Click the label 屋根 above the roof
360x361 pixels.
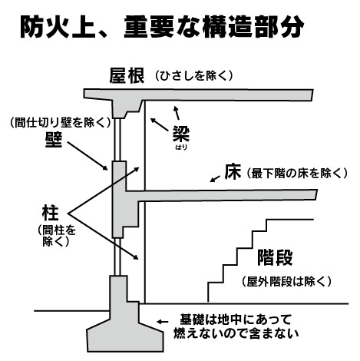click(127, 75)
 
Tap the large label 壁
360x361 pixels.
click(54, 140)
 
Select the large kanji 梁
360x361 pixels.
click(181, 134)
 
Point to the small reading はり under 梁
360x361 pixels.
click(181, 147)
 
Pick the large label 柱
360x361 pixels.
click(51, 214)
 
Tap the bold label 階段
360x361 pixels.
click(275, 257)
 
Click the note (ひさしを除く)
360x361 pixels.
click(194, 76)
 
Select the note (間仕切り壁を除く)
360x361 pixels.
click(61, 123)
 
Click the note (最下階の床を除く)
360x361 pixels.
click(297, 174)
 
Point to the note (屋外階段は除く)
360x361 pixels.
click(286, 282)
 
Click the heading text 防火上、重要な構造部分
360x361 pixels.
click(162, 27)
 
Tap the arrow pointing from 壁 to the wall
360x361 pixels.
click(88, 156)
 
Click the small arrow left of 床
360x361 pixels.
click(215, 179)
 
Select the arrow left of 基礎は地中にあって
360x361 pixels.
click(163, 322)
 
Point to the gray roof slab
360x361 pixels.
click(198, 94)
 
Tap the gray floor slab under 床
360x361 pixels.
click(220, 195)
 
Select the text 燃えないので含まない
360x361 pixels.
click(236, 333)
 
